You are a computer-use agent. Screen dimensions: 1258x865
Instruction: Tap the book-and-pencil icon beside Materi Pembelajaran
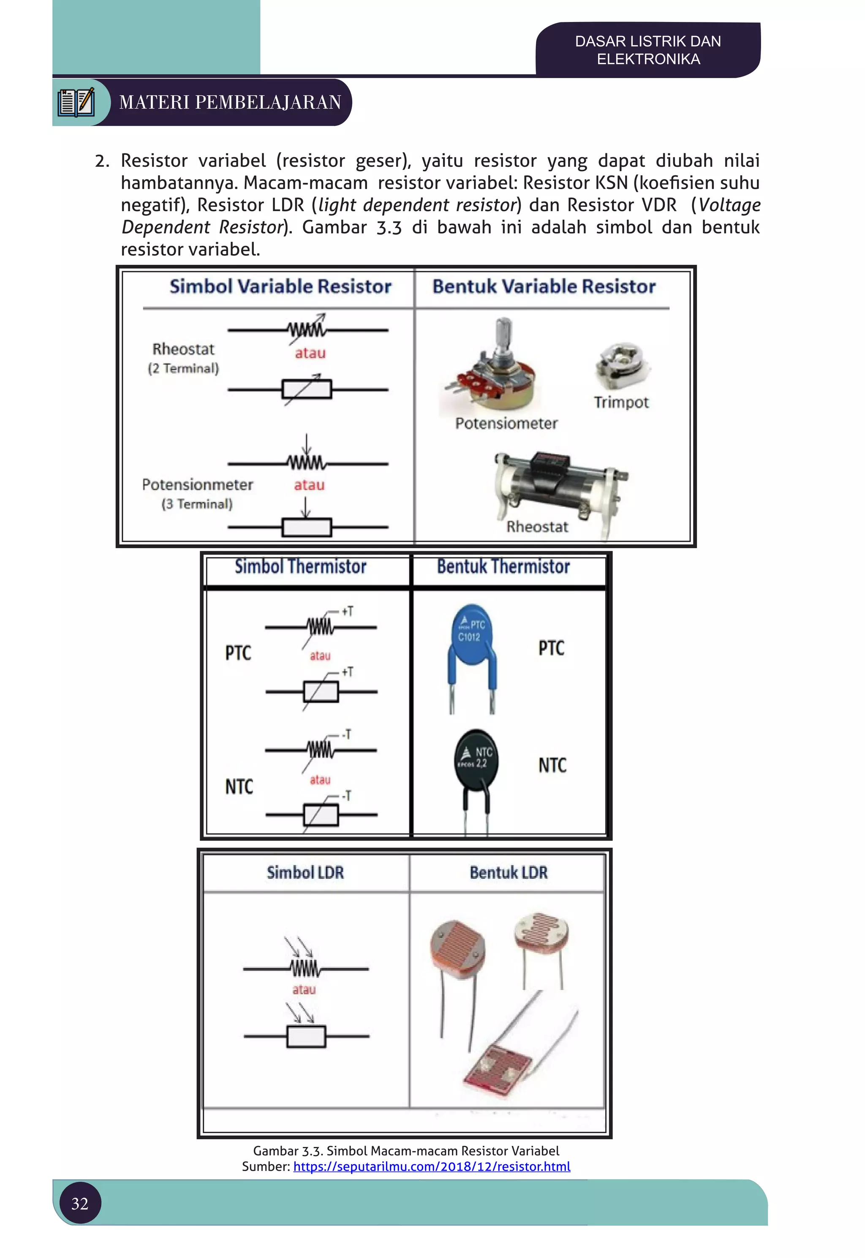76,102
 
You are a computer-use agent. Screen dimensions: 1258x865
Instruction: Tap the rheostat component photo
558,482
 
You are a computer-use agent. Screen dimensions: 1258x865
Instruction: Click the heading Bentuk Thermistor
503,567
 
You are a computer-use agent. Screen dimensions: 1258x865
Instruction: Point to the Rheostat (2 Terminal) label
183,358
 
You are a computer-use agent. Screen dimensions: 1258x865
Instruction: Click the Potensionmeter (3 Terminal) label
197,493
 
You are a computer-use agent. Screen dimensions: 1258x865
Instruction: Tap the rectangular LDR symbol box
306,1036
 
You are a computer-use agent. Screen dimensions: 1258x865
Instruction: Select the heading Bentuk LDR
509,872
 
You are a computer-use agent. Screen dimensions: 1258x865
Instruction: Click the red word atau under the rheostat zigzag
310,353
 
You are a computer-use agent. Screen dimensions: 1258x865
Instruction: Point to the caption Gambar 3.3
406,1151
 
